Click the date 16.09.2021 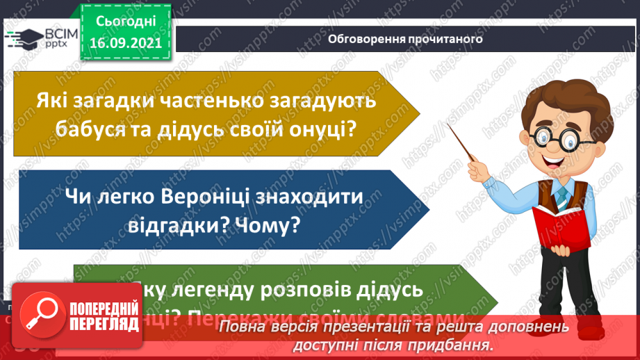click(x=125, y=41)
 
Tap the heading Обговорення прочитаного click(x=405, y=39)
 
